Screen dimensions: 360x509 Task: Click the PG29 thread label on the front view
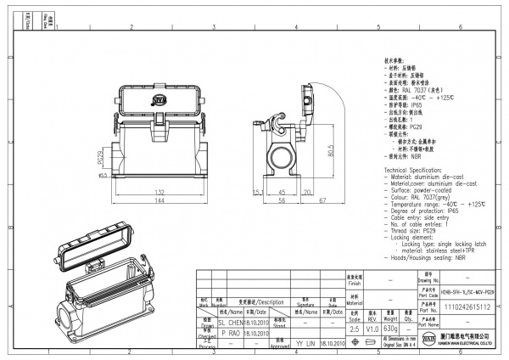pos(100,158)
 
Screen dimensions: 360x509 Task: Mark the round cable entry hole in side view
pos(281,156)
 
